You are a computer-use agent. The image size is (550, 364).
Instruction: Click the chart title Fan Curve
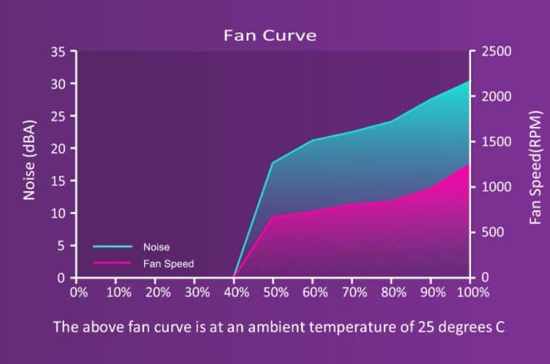tap(270, 35)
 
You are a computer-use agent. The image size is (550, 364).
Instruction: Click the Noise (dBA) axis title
tap(29, 160)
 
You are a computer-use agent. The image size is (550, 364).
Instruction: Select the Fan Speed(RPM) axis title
tap(536, 168)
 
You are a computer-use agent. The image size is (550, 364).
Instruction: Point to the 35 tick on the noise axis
tap(58, 52)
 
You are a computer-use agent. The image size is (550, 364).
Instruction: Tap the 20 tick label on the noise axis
tap(58, 148)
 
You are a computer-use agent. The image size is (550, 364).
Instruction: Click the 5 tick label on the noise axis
tap(61, 246)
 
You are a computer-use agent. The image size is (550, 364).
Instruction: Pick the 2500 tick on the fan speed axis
tap(496, 51)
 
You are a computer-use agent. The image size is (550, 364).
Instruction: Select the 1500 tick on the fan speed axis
tap(496, 142)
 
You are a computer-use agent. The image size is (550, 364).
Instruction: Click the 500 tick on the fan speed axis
tap(492, 232)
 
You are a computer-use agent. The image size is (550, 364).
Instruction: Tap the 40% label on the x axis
tap(236, 292)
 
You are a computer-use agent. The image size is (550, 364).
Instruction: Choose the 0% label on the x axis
tap(79, 292)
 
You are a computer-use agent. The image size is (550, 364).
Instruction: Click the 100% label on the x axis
tap(472, 292)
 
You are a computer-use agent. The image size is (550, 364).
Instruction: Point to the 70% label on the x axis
tap(354, 292)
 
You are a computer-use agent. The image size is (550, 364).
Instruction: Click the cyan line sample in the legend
tap(112, 247)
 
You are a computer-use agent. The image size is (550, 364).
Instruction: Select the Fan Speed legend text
tap(168, 264)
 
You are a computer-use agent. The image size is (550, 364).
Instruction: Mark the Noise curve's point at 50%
tap(272, 162)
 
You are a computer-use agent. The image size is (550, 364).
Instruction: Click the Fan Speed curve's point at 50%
tap(272, 217)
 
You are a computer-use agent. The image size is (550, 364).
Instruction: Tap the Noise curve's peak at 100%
tap(470, 81)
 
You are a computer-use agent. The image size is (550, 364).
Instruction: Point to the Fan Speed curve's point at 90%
tap(430, 188)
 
